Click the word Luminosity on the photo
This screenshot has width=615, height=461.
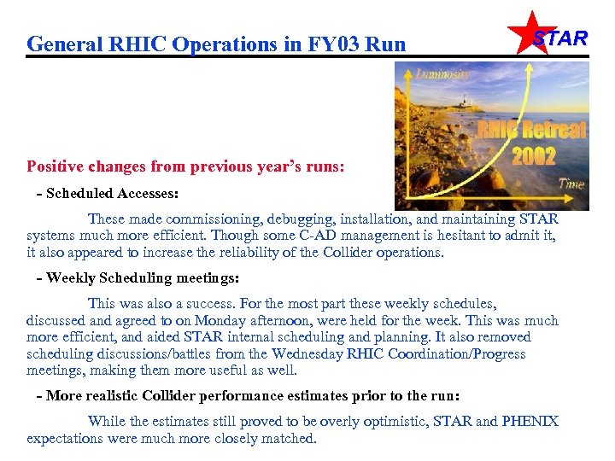click(x=442, y=74)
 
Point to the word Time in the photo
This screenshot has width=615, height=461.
click(x=571, y=183)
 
